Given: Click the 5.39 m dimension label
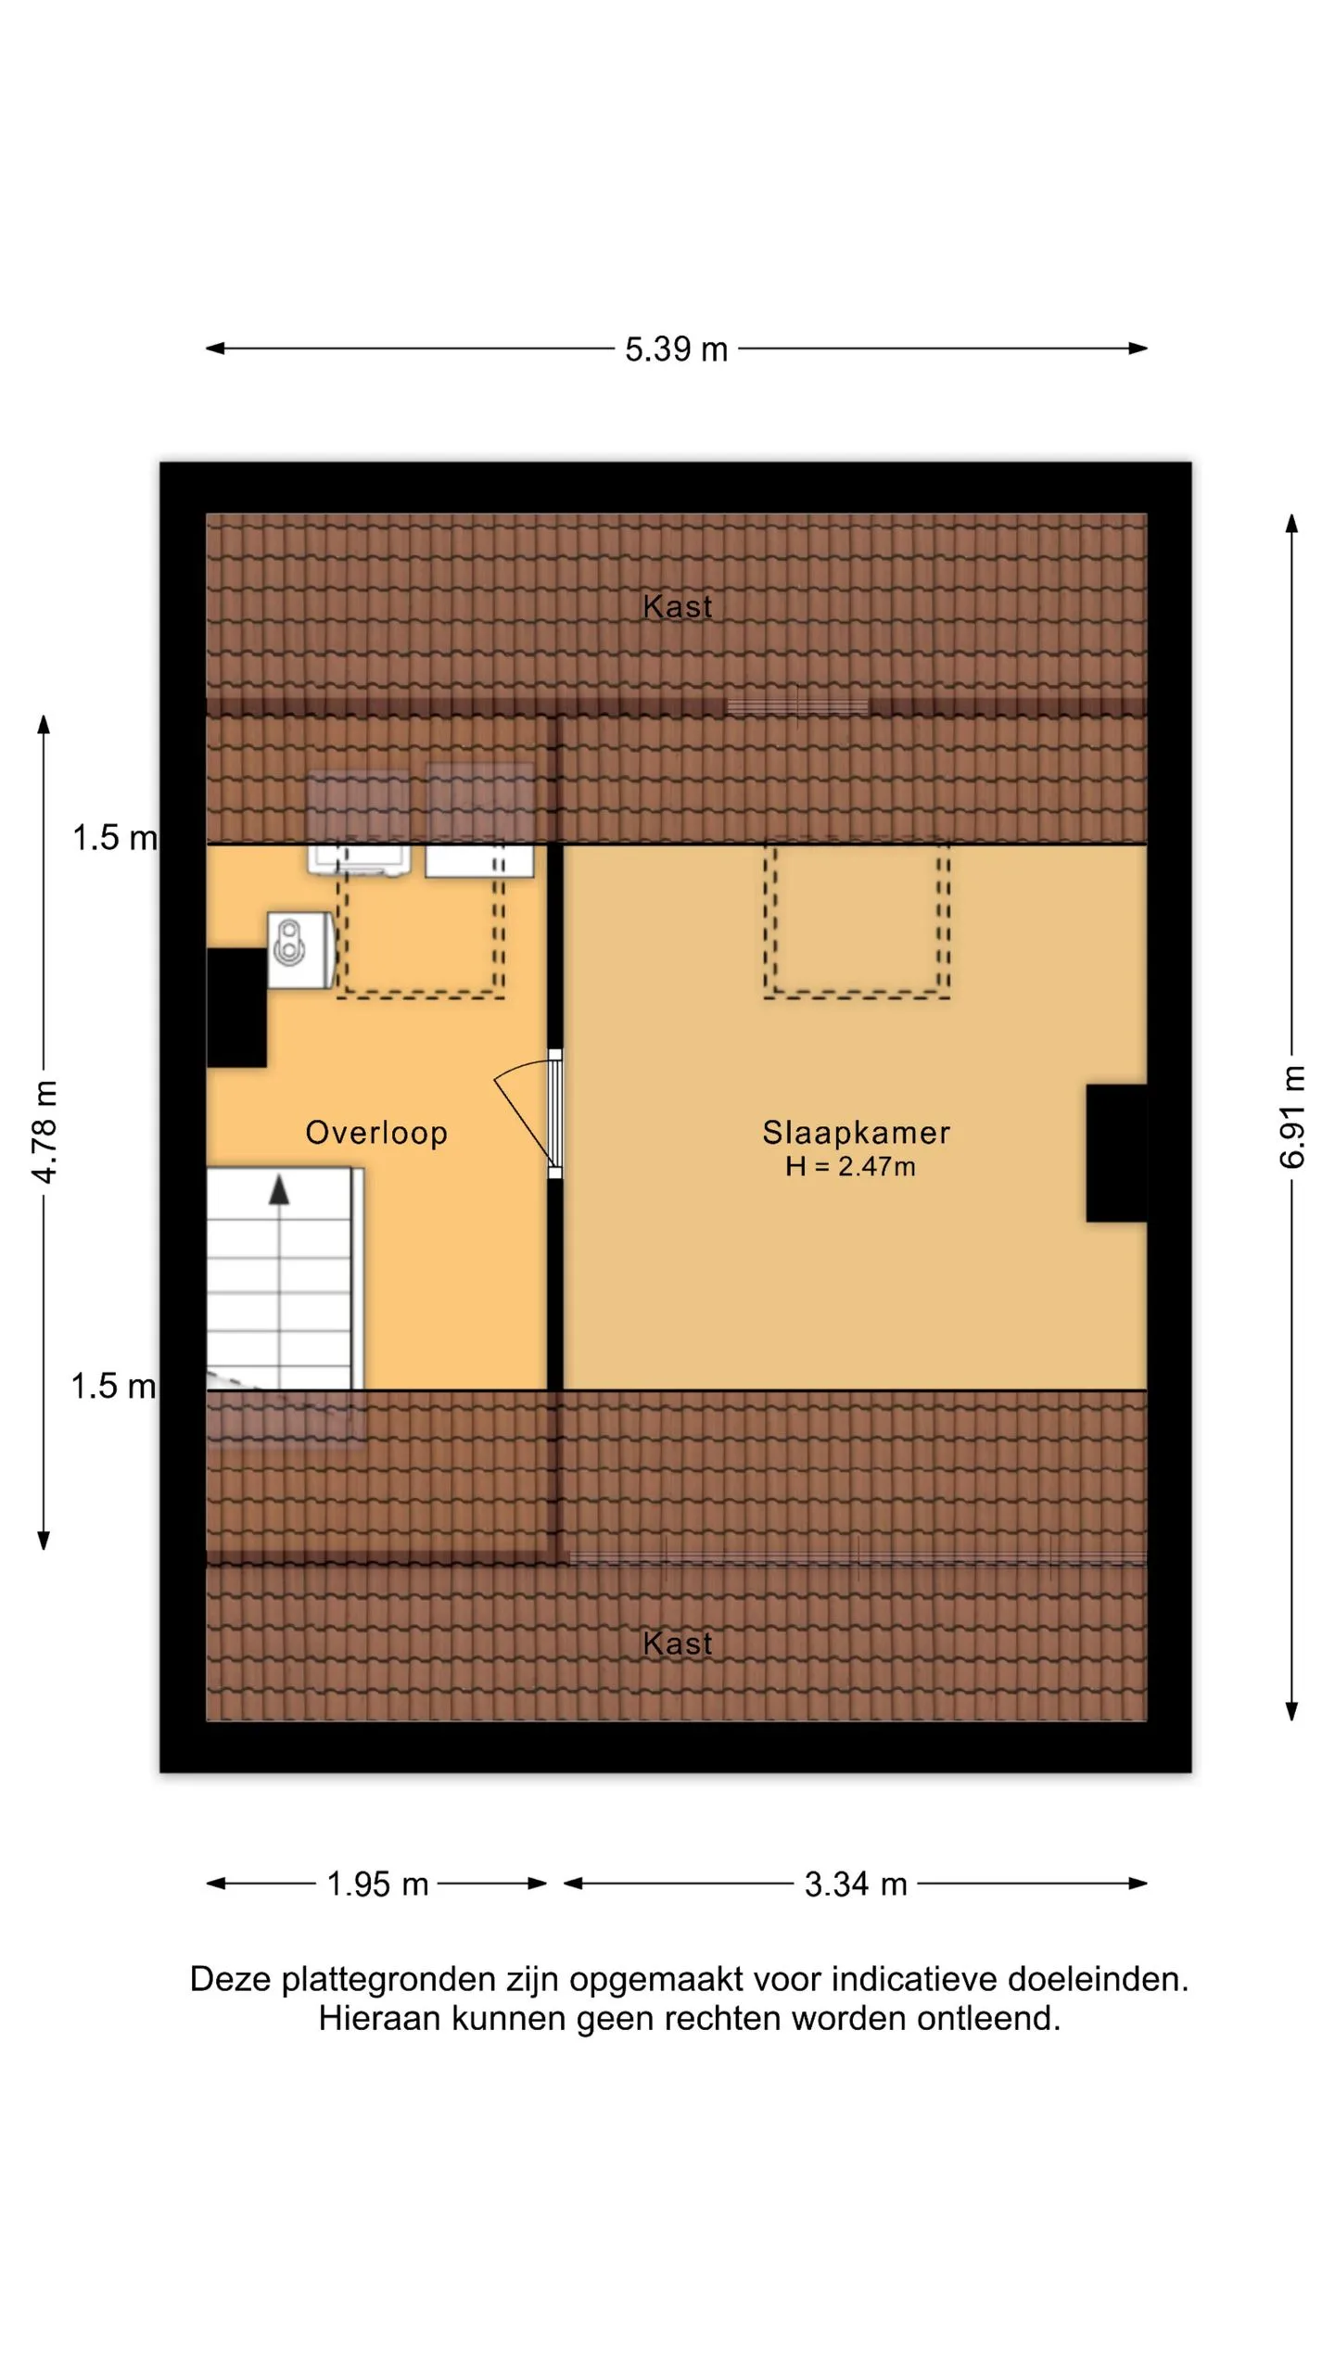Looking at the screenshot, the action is pos(676,349).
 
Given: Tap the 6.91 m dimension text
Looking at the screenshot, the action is pos(1291,1117).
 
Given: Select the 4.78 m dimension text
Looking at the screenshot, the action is pos(44,1131).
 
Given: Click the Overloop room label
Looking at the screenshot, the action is pos(376,1132).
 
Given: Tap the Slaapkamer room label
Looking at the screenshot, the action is pos(856,1132).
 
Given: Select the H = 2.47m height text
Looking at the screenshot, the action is pos(850,1166).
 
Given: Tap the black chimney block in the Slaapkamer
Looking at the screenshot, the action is pos(1116,1153).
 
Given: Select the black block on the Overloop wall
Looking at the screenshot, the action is pos(236,1008).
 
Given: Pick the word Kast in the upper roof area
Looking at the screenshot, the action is pos(678,607).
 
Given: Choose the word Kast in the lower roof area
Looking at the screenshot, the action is pos(678,1643).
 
